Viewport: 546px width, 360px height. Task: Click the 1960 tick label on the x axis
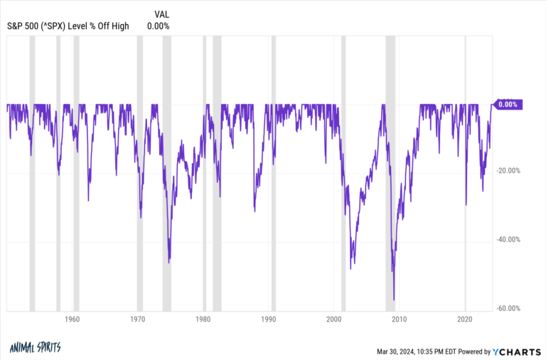point(72,319)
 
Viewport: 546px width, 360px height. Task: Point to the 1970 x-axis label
point(137,319)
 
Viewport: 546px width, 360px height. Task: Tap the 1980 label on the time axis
point(203,319)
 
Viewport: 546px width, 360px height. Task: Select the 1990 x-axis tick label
point(269,319)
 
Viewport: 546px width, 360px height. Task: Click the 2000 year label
point(334,319)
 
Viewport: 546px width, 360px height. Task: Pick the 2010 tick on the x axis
point(400,319)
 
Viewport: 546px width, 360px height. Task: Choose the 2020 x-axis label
point(465,319)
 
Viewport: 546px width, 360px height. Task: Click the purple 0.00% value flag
point(508,105)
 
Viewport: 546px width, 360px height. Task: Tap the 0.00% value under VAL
point(159,26)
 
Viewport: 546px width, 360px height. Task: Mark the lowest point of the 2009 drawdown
point(394,300)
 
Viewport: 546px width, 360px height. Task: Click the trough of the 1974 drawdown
point(168,263)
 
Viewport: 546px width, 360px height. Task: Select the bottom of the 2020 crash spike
point(466,205)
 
